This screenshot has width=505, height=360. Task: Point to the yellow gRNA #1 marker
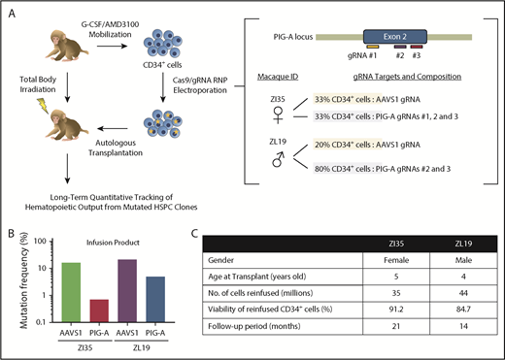click(x=373, y=45)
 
